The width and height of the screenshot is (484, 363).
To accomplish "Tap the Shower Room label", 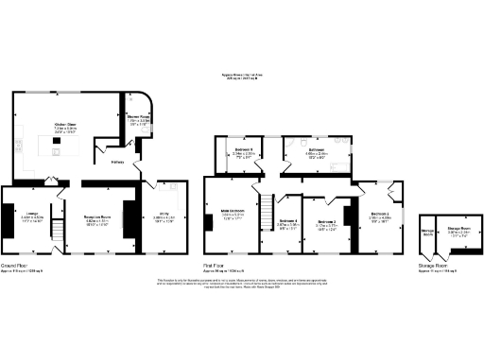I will pos(140,120).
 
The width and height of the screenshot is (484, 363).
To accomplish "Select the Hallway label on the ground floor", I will pos(120,162).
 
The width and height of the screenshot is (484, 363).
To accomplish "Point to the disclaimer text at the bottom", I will pos(241,285).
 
